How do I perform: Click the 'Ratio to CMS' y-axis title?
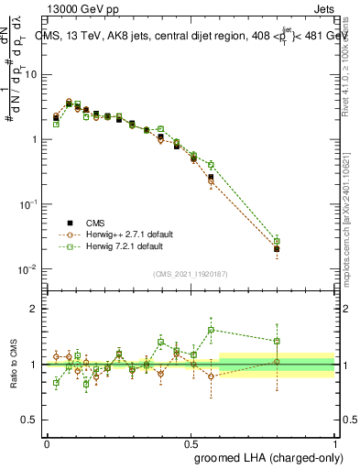coord(14,364)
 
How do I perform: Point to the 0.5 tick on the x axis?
coord(191,442)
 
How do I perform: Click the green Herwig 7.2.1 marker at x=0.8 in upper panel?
coord(277,241)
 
